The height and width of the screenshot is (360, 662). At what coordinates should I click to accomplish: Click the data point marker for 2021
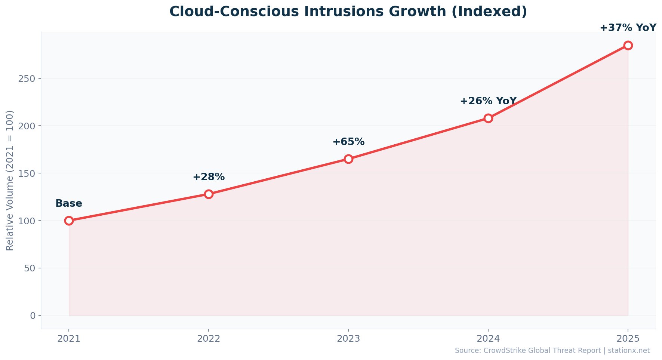pos(69,221)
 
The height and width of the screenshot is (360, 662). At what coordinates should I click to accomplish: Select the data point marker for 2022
pos(209,194)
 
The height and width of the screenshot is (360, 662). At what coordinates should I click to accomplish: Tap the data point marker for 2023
pos(348,159)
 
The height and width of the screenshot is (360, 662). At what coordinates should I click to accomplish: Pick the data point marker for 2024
pos(488,118)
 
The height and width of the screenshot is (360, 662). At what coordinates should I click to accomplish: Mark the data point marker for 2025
pos(628,45)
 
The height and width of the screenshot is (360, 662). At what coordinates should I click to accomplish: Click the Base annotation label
pos(69,204)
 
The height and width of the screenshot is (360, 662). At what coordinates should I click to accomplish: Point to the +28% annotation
pos(209,177)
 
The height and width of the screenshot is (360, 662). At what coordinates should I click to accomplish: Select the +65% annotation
pos(348,142)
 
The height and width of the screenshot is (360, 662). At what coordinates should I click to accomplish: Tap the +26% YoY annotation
pos(488,101)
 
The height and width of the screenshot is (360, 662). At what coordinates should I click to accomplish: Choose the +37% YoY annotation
pos(628,28)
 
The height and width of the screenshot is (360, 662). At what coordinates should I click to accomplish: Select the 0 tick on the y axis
pos(33,316)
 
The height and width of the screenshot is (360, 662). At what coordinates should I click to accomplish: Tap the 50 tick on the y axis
pos(30,268)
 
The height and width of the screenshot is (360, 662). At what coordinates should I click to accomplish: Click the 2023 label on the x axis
pos(348,339)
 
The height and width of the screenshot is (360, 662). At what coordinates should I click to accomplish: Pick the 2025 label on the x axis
pos(628,339)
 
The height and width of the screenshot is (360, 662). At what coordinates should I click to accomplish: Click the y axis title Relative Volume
pos(10,181)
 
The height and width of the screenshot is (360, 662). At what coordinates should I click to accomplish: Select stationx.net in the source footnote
pos(629,351)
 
